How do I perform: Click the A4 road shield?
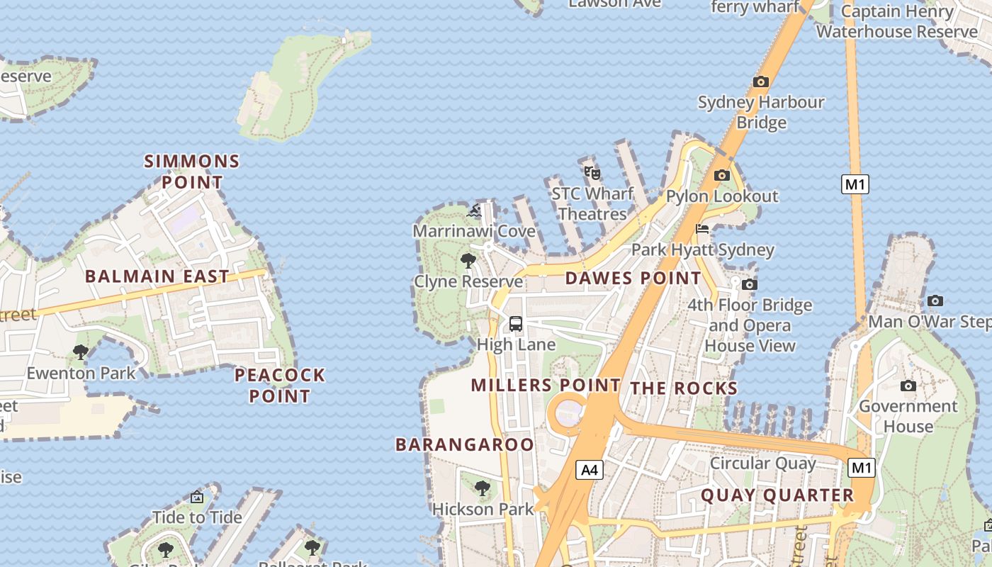pyautogui.click(x=590, y=469)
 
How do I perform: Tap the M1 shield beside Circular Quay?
pyautogui.click(x=861, y=468)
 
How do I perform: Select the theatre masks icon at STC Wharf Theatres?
pyautogui.click(x=592, y=172)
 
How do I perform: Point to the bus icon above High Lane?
pyautogui.click(x=516, y=324)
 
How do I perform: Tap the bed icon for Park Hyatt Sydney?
pyautogui.click(x=702, y=229)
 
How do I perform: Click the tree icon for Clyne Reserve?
pyautogui.click(x=468, y=261)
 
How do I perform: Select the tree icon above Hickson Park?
pyautogui.click(x=483, y=488)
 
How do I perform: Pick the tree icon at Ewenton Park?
pyautogui.click(x=81, y=352)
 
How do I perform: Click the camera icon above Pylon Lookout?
pyautogui.click(x=721, y=175)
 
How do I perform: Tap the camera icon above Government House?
pyautogui.click(x=908, y=386)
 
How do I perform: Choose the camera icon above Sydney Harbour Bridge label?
pyautogui.click(x=761, y=82)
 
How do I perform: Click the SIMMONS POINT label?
pyautogui.click(x=192, y=172)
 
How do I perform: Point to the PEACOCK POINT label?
pyautogui.click(x=280, y=385)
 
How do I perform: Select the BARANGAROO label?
pyautogui.click(x=464, y=444)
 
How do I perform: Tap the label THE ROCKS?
pyautogui.click(x=684, y=388)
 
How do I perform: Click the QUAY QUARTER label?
pyautogui.click(x=777, y=495)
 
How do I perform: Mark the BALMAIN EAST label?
pyautogui.click(x=157, y=276)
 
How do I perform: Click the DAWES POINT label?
pyautogui.click(x=633, y=278)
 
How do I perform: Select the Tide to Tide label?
pyautogui.click(x=197, y=517)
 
